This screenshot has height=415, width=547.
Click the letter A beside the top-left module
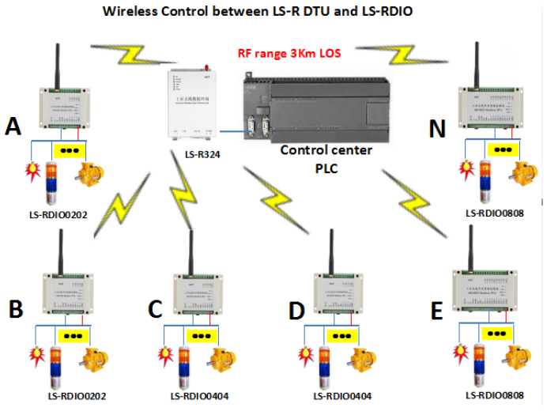tap(13, 126)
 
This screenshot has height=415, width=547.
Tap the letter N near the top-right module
tap(437, 128)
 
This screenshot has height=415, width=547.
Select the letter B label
tap(15, 309)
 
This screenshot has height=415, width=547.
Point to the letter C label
tap(157, 309)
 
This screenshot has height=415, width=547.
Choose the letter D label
tap(297, 309)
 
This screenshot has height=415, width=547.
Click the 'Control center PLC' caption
tap(320, 157)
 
